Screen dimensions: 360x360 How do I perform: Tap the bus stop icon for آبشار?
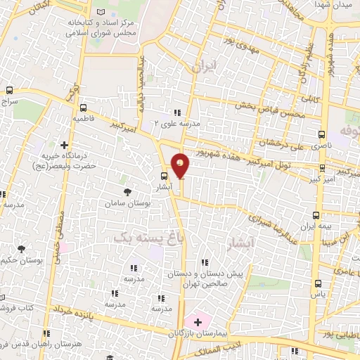coord(164,176)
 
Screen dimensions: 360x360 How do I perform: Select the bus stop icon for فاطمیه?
coord(84,108)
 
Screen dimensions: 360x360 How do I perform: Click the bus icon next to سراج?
coord(9,91)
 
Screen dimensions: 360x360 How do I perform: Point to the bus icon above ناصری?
coord(322,134)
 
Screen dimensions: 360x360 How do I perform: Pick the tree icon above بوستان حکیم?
coord(21,248)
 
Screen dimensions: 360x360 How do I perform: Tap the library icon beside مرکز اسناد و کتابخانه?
coord(105,13)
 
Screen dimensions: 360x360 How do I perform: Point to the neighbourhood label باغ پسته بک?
coord(133,238)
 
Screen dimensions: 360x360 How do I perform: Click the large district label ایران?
coord(207,66)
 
